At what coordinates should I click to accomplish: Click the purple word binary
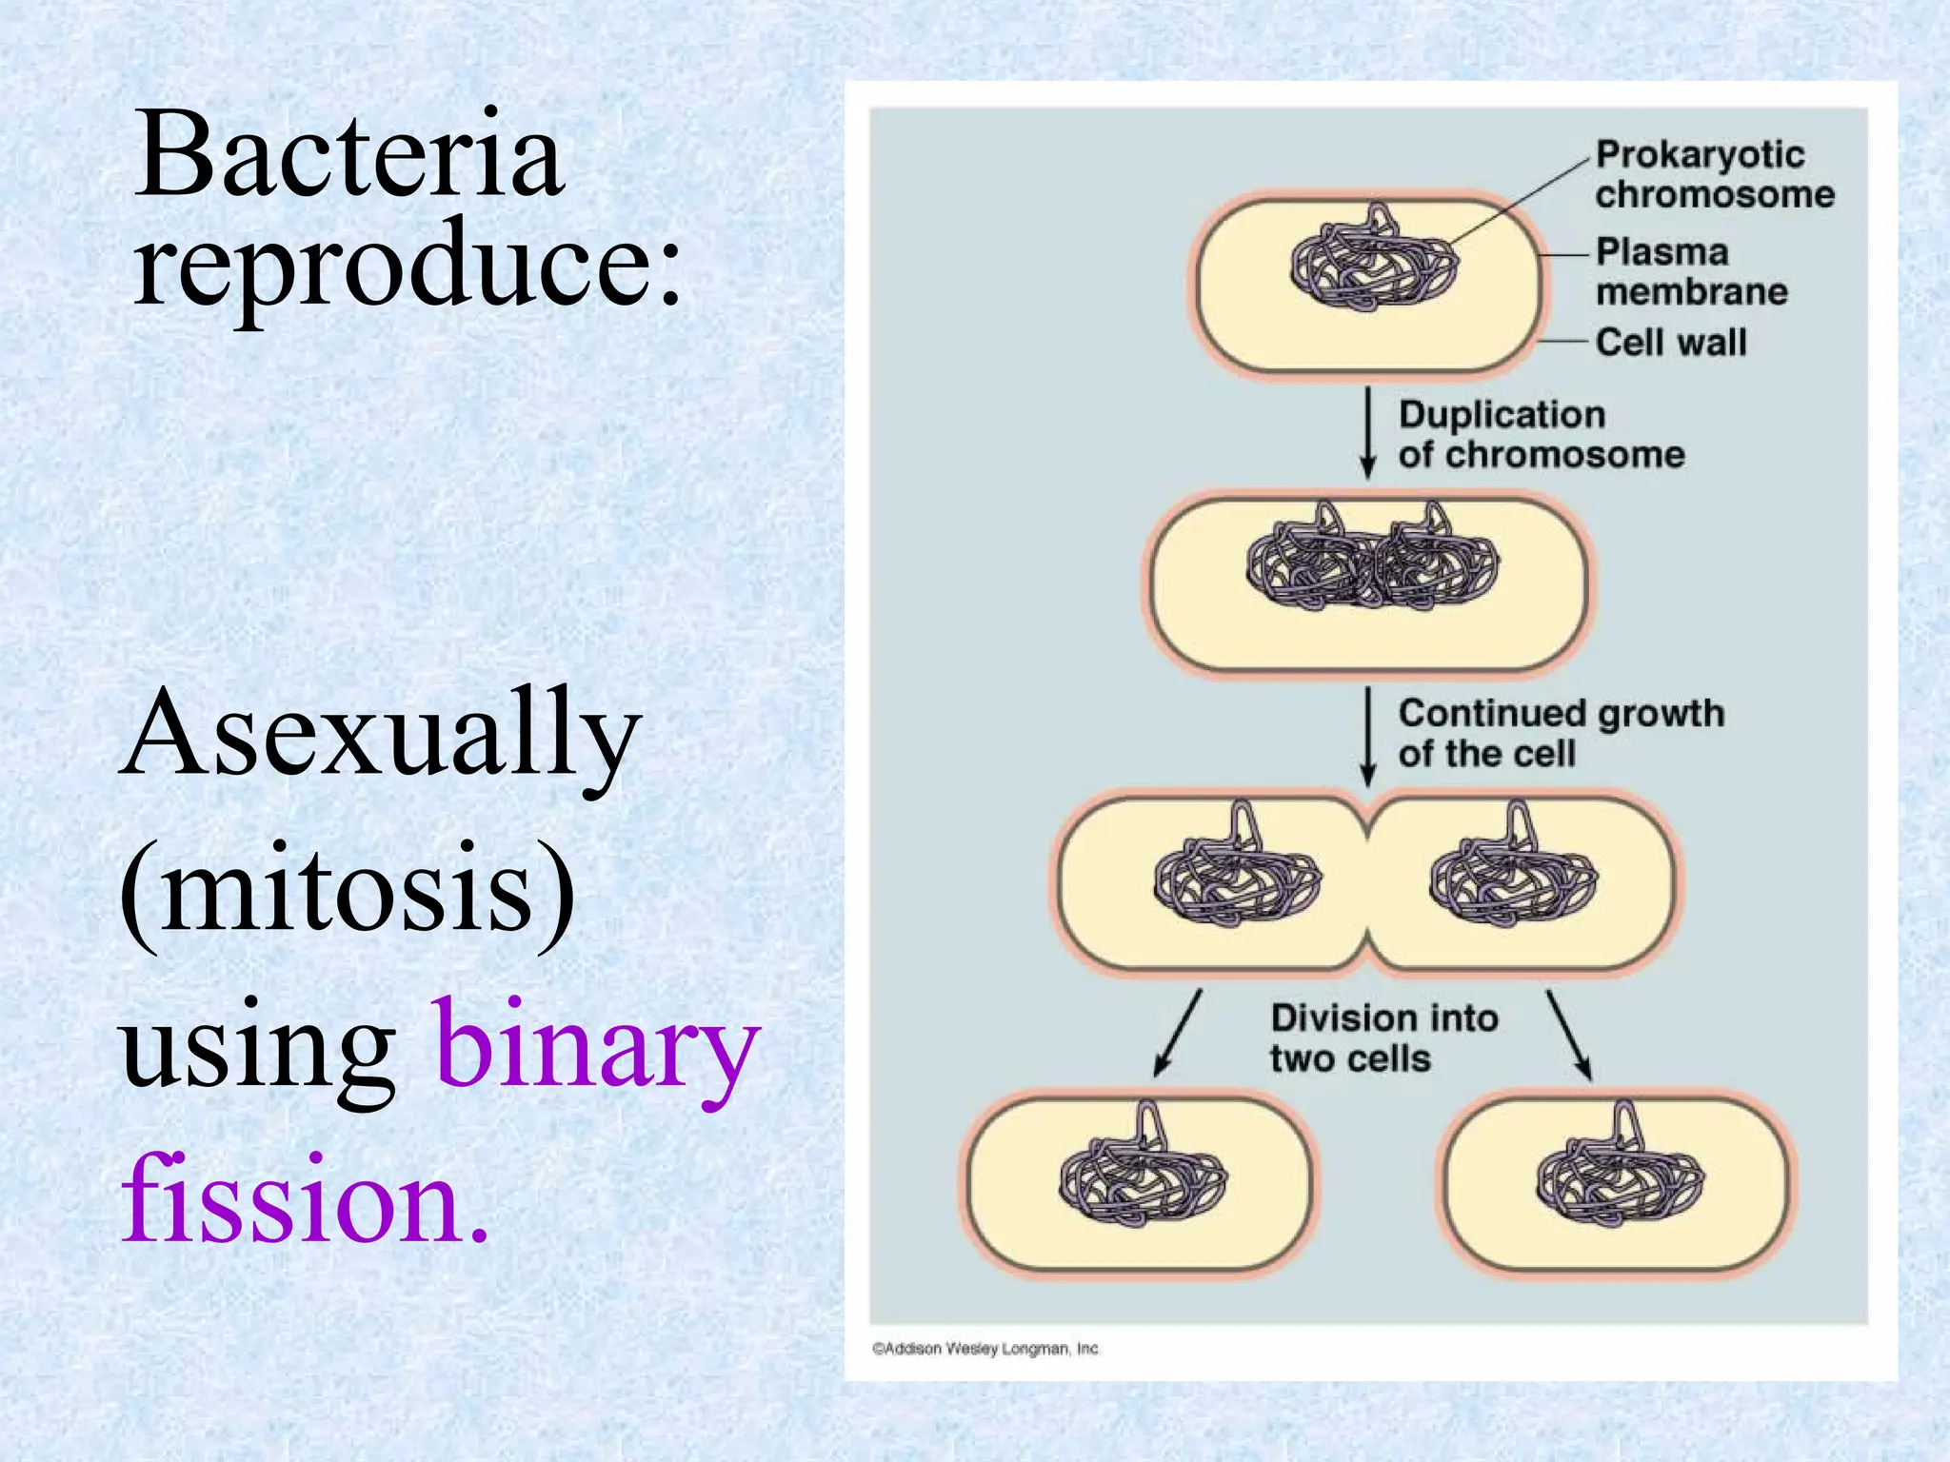click(x=598, y=1047)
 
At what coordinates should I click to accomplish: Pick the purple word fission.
click(x=305, y=1200)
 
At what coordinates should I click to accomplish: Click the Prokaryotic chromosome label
click(x=1714, y=174)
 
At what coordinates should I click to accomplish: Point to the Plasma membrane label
click(x=1691, y=271)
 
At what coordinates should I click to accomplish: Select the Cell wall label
click(x=1671, y=342)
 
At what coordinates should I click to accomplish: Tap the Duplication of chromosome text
click(x=1541, y=434)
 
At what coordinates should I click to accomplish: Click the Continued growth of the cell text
click(x=1560, y=733)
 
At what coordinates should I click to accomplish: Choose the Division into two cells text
click(x=1383, y=1038)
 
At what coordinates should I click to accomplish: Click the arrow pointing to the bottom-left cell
click(x=1178, y=1034)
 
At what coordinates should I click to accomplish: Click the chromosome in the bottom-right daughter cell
click(x=1620, y=1170)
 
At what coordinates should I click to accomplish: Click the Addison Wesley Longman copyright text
click(x=985, y=1348)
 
